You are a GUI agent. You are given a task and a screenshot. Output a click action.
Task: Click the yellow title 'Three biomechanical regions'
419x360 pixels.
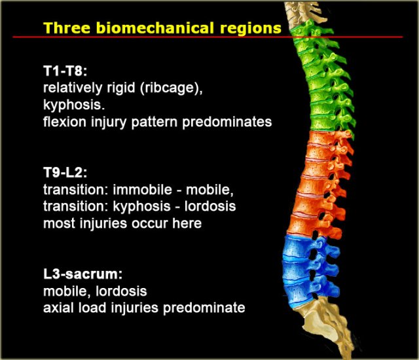162,28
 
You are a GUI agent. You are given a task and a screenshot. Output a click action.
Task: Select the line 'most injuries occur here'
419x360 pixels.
122,224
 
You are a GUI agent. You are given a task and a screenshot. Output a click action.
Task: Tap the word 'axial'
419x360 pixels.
59,308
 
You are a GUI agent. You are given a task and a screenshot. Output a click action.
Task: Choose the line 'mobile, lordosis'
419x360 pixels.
95,291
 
